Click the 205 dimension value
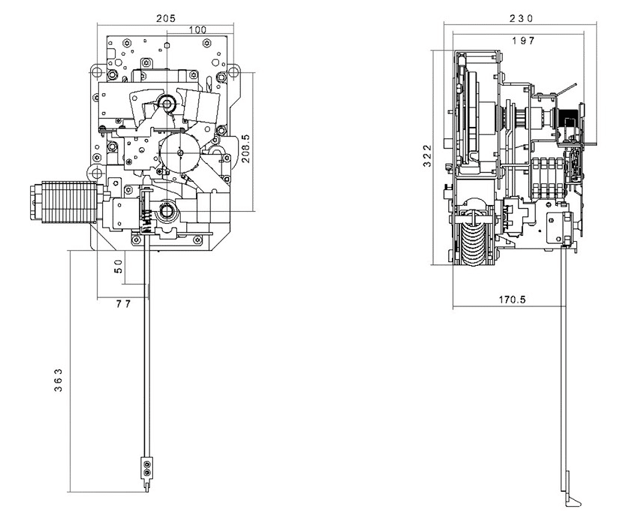[166, 18]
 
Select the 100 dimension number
[197, 30]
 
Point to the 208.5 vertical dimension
[245, 149]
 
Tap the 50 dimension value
[119, 267]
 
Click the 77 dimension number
[123, 304]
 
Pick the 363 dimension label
[58, 380]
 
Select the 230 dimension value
[521, 19]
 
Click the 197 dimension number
[523, 41]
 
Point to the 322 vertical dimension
[428, 155]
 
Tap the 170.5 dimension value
[512, 300]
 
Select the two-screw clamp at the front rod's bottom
[147, 468]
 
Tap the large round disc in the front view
[179, 152]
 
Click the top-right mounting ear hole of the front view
[232, 71]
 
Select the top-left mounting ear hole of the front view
[97, 72]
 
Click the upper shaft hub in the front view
[167, 104]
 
